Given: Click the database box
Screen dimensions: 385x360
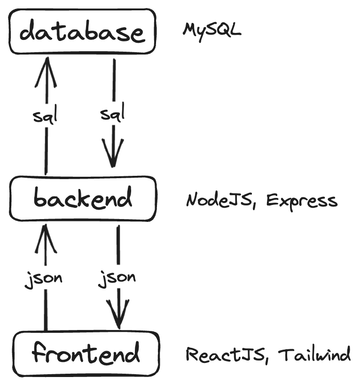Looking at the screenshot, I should (x=82, y=32).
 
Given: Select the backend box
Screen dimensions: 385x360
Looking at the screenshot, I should (x=82, y=199).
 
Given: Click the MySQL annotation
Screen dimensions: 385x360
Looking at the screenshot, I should (x=212, y=31).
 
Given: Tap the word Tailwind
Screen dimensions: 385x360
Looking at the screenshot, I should (x=314, y=354).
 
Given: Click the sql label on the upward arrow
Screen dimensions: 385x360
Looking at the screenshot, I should (x=45, y=115).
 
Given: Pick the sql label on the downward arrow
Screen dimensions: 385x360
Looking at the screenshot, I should (x=113, y=114).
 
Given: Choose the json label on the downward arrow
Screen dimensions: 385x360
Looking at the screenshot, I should (x=117, y=278).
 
